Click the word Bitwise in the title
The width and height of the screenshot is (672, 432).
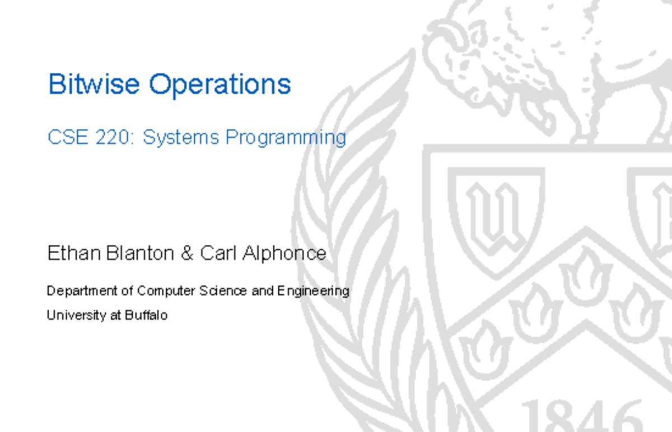point(94,84)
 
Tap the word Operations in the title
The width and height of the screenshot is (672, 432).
point(220,86)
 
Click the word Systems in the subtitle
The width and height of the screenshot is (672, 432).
point(181,138)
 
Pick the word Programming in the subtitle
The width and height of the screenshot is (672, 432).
point(286,138)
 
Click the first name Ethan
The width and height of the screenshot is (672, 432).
point(74,253)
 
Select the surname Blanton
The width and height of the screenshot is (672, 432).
point(140,253)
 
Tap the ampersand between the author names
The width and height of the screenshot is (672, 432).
point(187,253)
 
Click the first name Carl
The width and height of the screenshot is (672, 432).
point(218,253)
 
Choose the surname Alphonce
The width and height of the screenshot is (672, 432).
point(284,254)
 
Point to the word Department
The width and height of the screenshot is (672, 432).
point(82,291)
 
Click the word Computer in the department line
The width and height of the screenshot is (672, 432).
point(166,291)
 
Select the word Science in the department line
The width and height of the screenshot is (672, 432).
point(223,291)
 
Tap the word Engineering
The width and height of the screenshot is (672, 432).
point(313,291)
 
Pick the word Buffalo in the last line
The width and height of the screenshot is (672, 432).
point(146,315)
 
